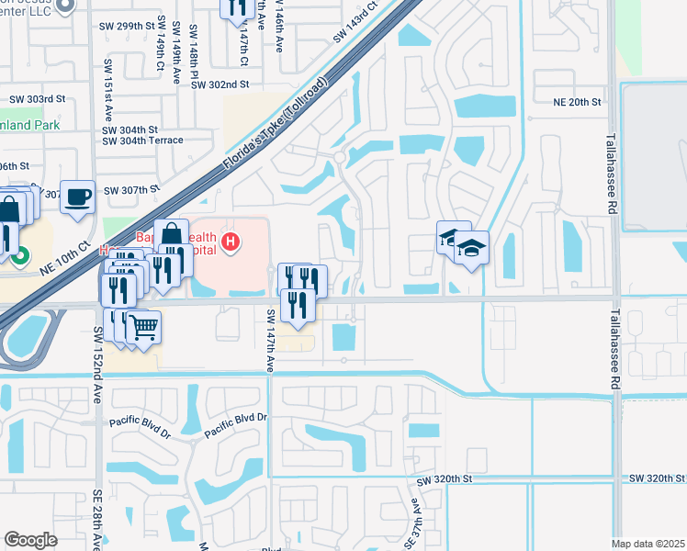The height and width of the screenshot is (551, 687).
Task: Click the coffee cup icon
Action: (78, 196)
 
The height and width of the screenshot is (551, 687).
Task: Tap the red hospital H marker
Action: (231, 242)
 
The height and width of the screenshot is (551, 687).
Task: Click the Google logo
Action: (30, 540)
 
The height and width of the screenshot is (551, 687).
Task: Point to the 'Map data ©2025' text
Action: (648, 544)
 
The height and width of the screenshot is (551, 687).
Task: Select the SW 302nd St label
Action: (220, 84)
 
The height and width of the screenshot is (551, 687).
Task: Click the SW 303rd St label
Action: (38, 98)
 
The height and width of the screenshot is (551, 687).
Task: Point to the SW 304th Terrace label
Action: (142, 141)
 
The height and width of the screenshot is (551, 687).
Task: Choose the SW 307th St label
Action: (132, 190)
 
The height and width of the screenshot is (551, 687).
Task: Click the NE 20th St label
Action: (577, 102)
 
